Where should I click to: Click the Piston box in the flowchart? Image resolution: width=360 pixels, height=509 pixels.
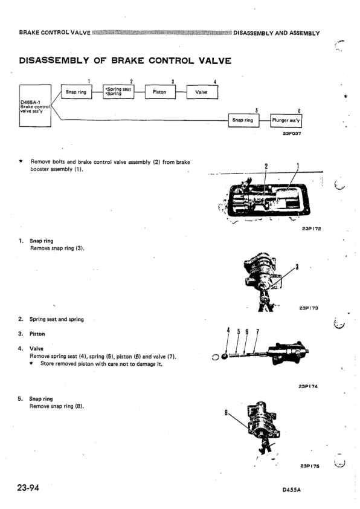click(160, 92)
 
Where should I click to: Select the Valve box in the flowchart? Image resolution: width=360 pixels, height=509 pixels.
click(202, 92)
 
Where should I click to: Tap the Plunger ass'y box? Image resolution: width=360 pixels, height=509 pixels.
click(286, 120)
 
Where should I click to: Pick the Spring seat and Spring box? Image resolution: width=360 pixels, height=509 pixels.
click(118, 91)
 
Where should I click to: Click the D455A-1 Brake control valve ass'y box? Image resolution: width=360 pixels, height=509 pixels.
click(35, 106)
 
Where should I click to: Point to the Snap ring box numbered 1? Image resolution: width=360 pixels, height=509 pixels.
click(77, 92)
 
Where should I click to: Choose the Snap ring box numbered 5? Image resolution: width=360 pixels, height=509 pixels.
click(243, 120)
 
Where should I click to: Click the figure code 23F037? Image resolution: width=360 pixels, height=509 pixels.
click(292, 134)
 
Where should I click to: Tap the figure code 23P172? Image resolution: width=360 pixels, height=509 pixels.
click(311, 229)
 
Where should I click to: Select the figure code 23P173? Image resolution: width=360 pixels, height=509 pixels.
click(309, 308)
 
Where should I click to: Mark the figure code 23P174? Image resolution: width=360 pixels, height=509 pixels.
click(308, 386)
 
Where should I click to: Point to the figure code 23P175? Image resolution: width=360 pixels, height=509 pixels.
click(310, 466)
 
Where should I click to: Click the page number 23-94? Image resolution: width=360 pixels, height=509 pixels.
click(28, 487)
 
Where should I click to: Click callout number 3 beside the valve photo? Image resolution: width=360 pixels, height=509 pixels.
click(297, 267)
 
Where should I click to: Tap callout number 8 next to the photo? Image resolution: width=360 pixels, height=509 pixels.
click(226, 413)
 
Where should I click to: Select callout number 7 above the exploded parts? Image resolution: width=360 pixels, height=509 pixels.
click(257, 332)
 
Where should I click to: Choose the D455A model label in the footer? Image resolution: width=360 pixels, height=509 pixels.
click(292, 490)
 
